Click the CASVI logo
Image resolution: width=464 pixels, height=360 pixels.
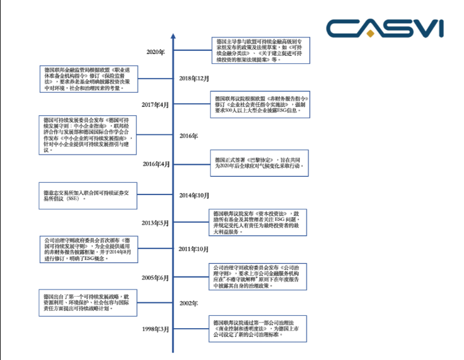point(384,28)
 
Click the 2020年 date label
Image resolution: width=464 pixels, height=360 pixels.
point(156,52)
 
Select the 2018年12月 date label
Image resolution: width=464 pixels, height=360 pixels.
point(194,79)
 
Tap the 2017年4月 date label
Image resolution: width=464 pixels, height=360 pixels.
point(156,105)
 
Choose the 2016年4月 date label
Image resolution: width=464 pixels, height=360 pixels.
point(156,164)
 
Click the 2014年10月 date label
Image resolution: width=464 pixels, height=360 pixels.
point(194,195)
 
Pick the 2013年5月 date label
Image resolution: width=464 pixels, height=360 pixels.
point(156,223)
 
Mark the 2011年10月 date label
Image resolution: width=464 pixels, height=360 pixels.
point(194,249)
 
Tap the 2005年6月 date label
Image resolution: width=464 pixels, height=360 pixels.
point(156,278)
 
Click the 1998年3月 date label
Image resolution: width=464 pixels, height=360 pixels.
point(156,329)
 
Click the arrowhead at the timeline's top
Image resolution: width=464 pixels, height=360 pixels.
point(173,36)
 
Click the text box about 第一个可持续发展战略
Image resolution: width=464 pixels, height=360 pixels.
point(86,302)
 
